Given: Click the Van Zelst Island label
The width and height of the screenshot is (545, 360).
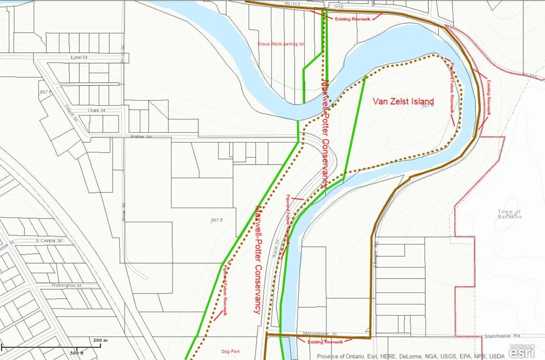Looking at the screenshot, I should tap(403, 101).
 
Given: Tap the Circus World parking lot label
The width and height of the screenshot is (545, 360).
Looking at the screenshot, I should tap(280, 44).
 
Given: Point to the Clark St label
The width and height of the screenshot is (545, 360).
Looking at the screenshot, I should tap(96, 110).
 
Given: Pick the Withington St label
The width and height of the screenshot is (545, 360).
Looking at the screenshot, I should tap(66, 285).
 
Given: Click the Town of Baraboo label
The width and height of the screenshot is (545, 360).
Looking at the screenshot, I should tap(510, 214).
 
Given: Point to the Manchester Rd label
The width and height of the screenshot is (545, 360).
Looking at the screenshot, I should tap(503, 336).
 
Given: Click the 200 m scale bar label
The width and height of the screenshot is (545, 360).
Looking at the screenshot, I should tap(100, 340).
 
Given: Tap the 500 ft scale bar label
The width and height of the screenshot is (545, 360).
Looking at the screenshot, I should tap(77, 353).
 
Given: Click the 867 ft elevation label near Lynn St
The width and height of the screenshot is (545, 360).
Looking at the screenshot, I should tap(46, 92).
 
